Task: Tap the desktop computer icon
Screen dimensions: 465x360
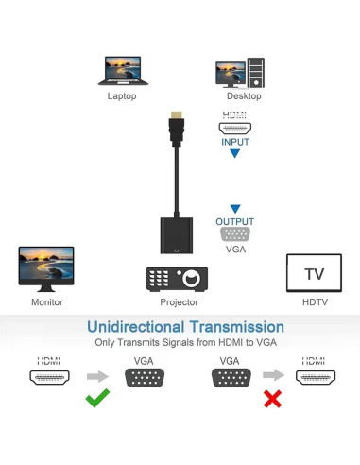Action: (x=239, y=73)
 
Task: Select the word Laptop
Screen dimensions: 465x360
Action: (x=122, y=96)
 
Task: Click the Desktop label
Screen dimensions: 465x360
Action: (x=244, y=96)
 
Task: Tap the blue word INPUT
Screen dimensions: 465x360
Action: (x=235, y=142)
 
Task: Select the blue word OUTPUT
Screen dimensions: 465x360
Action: (x=235, y=222)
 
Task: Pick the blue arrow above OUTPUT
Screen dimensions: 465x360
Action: (x=235, y=209)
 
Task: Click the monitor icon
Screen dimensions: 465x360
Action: (x=46, y=270)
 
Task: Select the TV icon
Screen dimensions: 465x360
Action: (x=314, y=273)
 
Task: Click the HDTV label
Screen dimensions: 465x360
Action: (x=314, y=302)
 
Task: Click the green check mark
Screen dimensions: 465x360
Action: (x=96, y=399)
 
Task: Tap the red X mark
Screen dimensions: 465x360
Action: (x=273, y=399)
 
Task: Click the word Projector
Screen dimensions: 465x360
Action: (x=179, y=302)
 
